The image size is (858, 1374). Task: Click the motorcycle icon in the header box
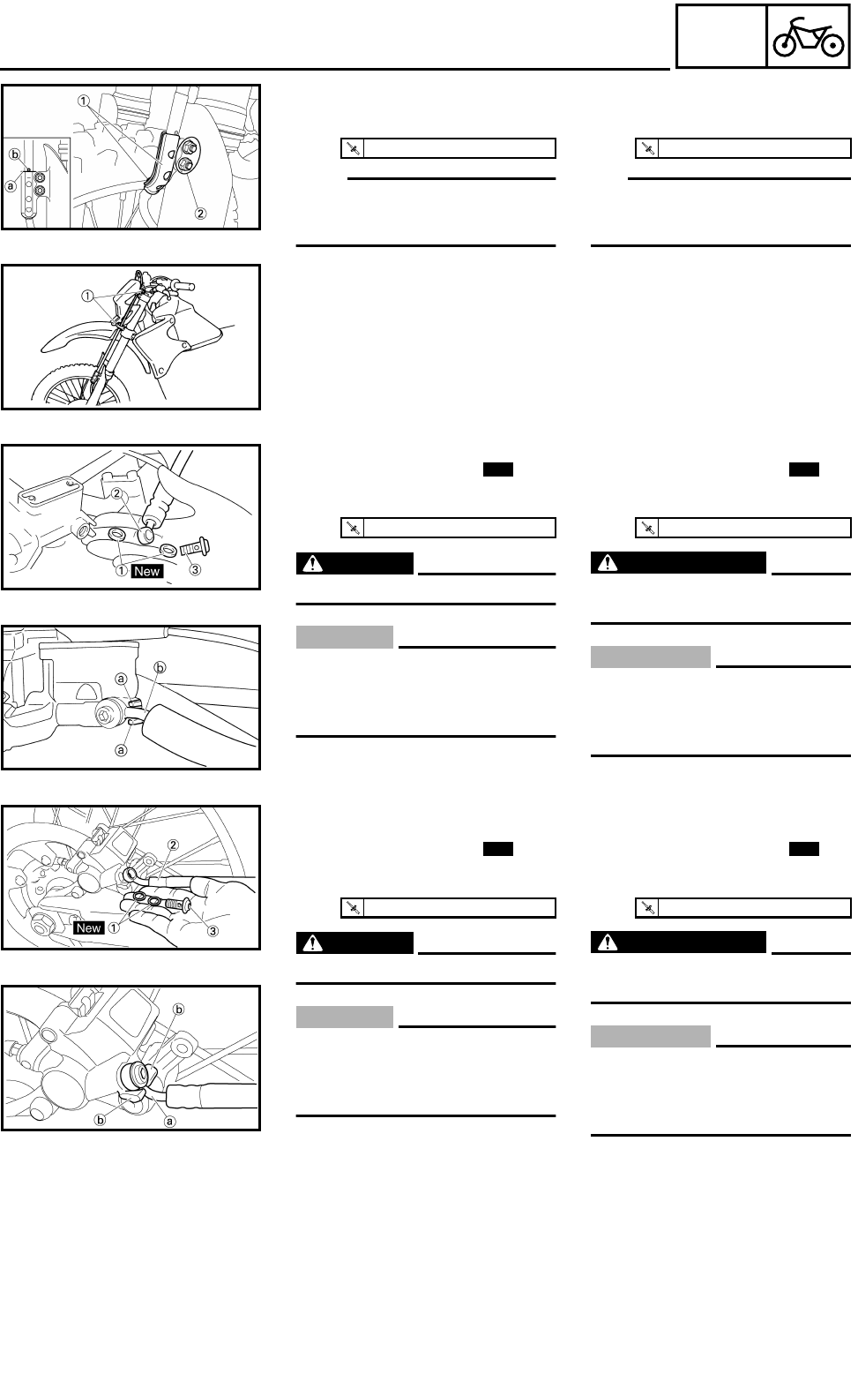[x=809, y=38]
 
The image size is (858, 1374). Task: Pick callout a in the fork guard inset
[x=11, y=186]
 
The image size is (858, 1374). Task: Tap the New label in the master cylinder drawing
[x=146, y=571]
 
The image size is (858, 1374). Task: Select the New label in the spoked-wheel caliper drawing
[x=88, y=927]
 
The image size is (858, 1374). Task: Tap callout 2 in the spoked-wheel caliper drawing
[x=173, y=845]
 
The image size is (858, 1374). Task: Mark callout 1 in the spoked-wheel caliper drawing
[x=114, y=927]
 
